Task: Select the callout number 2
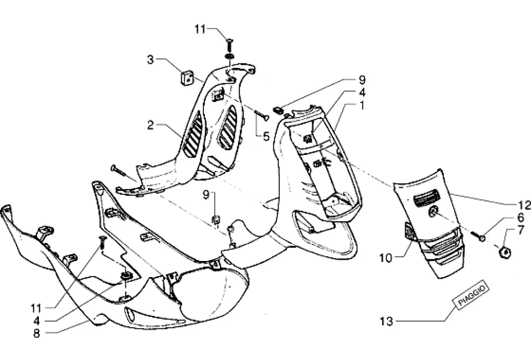tap(150, 125)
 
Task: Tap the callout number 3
tap(150, 60)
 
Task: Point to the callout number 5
tap(266, 137)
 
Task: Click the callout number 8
tap(36, 334)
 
